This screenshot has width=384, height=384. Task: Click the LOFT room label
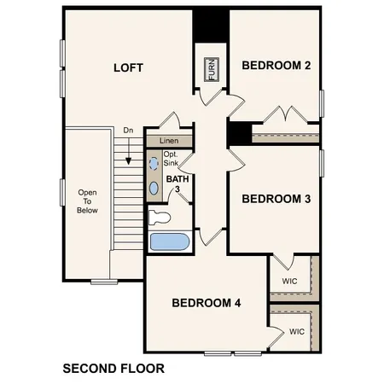[x=128, y=67]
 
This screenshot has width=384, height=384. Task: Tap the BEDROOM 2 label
[x=276, y=65]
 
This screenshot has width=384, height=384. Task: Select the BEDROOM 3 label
[x=276, y=199]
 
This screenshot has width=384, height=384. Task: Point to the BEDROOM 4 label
[x=206, y=302]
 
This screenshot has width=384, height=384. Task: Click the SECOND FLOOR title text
[x=113, y=369]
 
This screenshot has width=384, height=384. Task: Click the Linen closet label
[x=168, y=140]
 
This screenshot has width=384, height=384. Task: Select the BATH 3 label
[x=177, y=184]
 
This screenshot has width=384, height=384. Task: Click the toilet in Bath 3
[x=160, y=217]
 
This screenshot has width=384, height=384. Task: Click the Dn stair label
[x=128, y=131]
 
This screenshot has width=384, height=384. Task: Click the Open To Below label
[x=87, y=201]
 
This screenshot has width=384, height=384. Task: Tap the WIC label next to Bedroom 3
[x=290, y=279]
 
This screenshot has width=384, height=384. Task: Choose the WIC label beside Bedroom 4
[x=296, y=331]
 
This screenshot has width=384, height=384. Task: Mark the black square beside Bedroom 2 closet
[x=240, y=134]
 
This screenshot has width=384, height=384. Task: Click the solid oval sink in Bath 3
[x=154, y=187]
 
